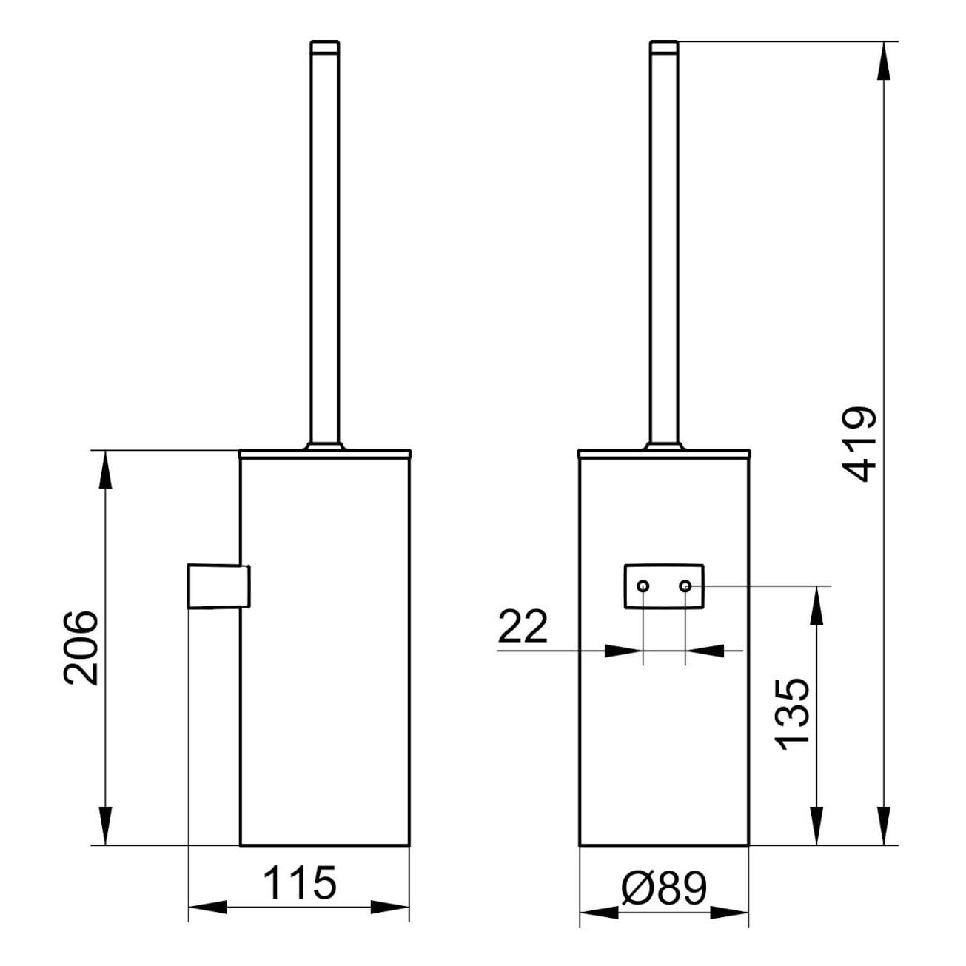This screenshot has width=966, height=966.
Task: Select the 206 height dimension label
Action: pyautogui.click(x=81, y=648)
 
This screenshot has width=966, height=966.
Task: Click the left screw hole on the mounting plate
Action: pyautogui.click(x=643, y=586)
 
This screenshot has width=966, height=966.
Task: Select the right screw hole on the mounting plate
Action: pyautogui.click(x=685, y=586)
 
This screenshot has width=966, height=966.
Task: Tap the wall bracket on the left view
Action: pyautogui.click(x=218, y=586)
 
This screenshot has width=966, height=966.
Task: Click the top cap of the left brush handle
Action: pyautogui.click(x=325, y=47)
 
